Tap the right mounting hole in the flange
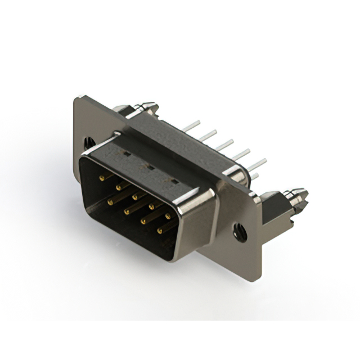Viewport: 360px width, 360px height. pyautogui.click(x=241, y=229)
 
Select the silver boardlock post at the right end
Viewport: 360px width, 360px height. pyautogui.click(x=296, y=197)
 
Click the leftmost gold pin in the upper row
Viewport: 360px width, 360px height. pyautogui.click(x=102, y=178)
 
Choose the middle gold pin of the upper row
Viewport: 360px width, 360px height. pyautogui.click(x=135, y=197)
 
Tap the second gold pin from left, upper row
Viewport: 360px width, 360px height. pyautogui.click(x=119, y=187)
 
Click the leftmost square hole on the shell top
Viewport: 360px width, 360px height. pyautogui.click(x=127, y=152)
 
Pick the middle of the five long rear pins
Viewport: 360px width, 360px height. pyautogui.click(x=224, y=145)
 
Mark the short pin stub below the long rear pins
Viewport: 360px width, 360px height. pyautogui.click(x=254, y=177)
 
